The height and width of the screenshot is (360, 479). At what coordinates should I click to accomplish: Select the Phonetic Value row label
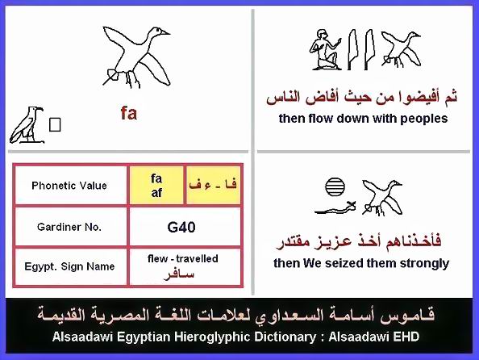(x=69, y=186)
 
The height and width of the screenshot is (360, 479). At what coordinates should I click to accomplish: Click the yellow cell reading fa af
(x=156, y=186)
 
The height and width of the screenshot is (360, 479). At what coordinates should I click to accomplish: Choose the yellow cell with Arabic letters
(x=213, y=186)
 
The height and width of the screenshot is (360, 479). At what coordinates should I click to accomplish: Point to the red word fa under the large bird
(x=129, y=113)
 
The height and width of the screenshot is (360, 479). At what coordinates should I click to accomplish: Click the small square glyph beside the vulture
(x=55, y=124)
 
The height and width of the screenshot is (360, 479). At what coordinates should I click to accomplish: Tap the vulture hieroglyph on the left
(x=27, y=125)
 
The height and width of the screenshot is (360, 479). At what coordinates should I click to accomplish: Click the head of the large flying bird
(x=158, y=31)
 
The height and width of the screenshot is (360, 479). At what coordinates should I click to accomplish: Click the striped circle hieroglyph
(x=335, y=186)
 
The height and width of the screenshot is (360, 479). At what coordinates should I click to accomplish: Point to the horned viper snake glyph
(x=335, y=208)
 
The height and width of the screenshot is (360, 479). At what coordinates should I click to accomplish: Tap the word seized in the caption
(x=344, y=263)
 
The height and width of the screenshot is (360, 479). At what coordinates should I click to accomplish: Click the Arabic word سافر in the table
(x=179, y=274)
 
